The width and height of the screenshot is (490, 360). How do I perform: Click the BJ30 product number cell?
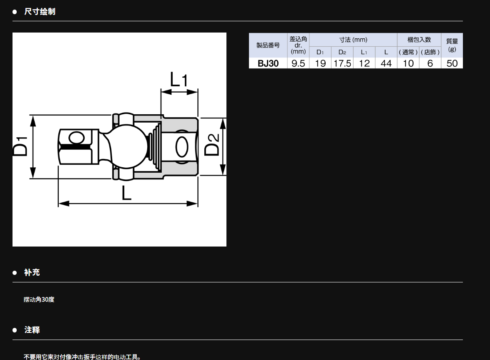[268, 63]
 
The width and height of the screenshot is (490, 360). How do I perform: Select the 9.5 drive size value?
[298, 63]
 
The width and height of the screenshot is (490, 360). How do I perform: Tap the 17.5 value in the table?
[342, 63]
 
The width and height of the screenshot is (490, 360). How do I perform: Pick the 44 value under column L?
[386, 63]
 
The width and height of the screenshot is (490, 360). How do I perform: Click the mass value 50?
[452, 63]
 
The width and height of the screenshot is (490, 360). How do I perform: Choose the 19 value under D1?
[320, 63]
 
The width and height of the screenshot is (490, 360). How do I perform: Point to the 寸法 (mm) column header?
[353, 40]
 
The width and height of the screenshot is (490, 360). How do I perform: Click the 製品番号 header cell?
[268, 45]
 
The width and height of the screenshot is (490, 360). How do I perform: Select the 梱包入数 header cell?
[419, 40]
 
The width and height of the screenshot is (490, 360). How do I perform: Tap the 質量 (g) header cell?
[452, 45]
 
